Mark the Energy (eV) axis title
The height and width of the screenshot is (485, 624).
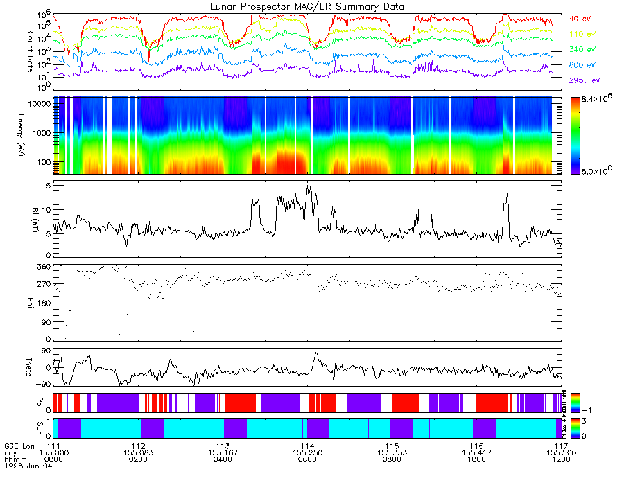coord(30,135)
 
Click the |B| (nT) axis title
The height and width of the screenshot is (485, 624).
coord(30,220)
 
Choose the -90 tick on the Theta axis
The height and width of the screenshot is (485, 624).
coord(41,383)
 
